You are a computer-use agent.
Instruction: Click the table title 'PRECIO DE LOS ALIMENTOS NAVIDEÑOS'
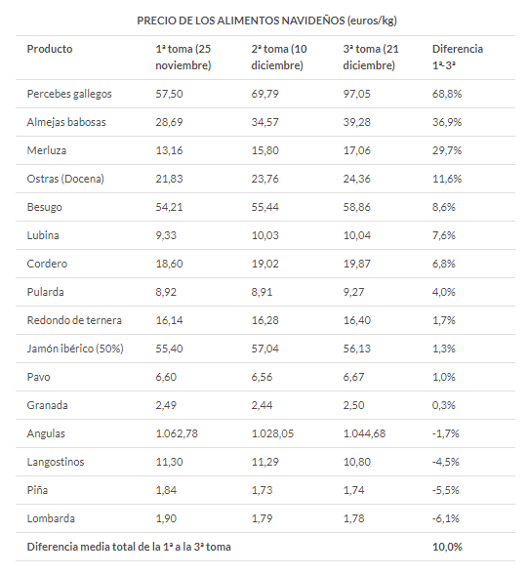click(x=242, y=21)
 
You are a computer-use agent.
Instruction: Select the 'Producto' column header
click(x=50, y=49)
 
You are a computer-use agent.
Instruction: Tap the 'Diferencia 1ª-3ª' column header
click(x=458, y=57)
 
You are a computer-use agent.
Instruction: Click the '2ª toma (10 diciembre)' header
click(x=279, y=57)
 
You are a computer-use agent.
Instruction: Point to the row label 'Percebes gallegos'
click(x=69, y=94)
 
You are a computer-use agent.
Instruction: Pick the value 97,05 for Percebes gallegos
click(x=356, y=94)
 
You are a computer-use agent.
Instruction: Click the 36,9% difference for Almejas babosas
click(x=447, y=122)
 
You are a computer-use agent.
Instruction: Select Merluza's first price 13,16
click(x=169, y=150)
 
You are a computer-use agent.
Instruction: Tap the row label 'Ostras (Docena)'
click(x=65, y=179)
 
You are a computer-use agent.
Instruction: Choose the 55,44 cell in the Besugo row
click(x=264, y=207)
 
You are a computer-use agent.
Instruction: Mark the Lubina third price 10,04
click(x=356, y=235)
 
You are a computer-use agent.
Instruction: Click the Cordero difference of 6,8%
click(x=443, y=264)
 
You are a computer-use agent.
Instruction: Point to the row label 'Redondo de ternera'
click(x=74, y=320)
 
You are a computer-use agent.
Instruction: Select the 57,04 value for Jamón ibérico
click(x=264, y=349)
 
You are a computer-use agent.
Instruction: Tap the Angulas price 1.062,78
click(x=177, y=433)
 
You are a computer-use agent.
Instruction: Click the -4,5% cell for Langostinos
click(x=446, y=462)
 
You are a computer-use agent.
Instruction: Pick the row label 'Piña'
click(x=37, y=490)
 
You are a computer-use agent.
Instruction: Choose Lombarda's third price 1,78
click(x=353, y=518)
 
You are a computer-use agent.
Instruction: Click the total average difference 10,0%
click(x=447, y=547)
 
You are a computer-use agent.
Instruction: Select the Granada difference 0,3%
click(x=443, y=405)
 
